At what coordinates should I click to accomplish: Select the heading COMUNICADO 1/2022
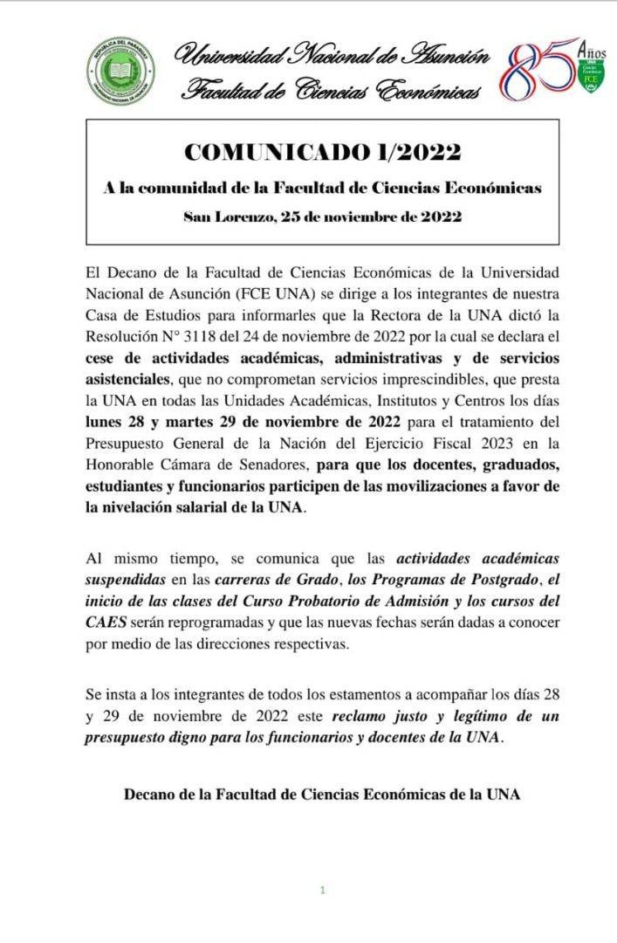tap(322, 152)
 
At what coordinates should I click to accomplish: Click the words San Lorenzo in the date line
tap(225, 217)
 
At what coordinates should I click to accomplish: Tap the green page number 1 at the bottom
tap(322, 891)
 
